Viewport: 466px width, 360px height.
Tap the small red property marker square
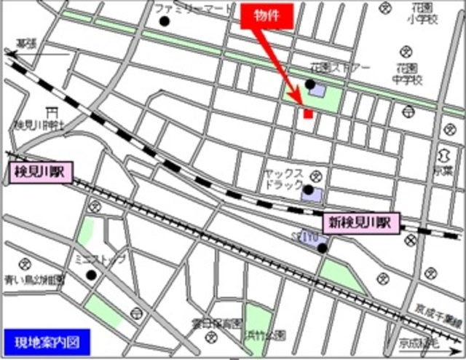click(x=308, y=113)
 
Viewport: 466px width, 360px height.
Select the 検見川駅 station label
click(x=38, y=173)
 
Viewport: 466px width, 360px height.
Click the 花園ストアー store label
click(x=339, y=67)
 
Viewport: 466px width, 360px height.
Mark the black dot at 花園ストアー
click(x=310, y=85)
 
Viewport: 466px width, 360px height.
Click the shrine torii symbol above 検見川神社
click(x=50, y=112)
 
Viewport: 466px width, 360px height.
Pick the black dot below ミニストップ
click(x=92, y=275)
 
